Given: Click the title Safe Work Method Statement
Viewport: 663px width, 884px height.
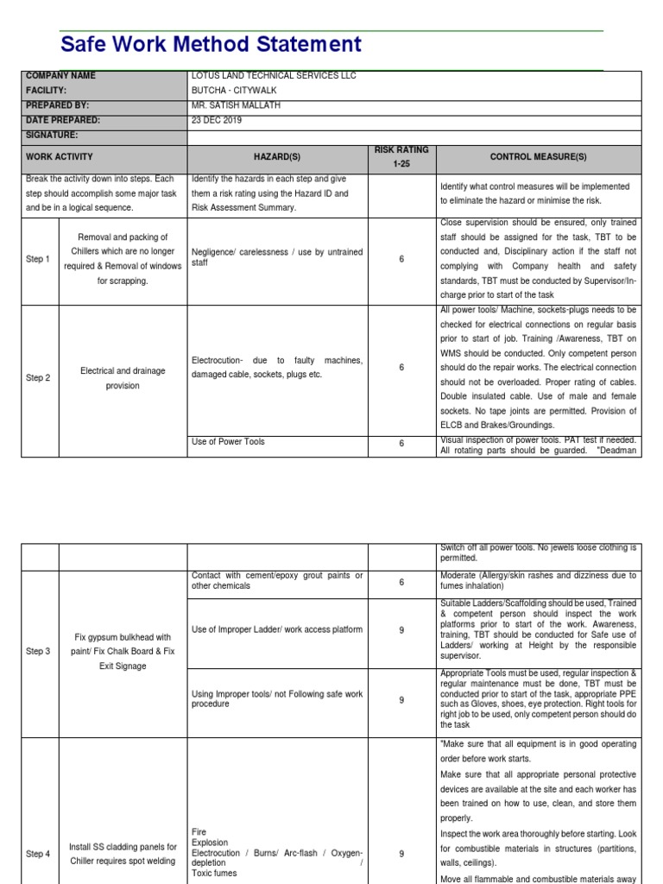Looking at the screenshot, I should pos(211,45).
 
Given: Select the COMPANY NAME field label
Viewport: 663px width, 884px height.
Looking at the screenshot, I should pos(61,76).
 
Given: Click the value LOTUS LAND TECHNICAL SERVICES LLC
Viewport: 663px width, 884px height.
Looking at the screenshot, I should pos(274,76).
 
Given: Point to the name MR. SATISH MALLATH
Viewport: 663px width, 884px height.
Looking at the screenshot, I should pos(236,105).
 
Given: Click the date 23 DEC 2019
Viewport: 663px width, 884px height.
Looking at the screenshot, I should pos(217,120).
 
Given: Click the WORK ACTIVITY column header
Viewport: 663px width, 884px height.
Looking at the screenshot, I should pos(60,157).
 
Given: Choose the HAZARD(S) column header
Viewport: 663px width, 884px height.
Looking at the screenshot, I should pos(276,157).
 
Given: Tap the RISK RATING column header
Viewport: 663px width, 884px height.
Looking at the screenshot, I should pos(401,156).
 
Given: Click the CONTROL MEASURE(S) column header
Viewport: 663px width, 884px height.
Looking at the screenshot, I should pos(538,157).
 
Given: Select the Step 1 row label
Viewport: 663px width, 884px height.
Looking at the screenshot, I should pos(38,259).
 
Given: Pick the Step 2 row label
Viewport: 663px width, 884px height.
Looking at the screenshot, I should pos(38,378).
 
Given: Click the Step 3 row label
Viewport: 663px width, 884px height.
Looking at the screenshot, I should pos(38,652).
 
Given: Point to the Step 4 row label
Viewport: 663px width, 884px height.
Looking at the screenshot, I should pos(38,854).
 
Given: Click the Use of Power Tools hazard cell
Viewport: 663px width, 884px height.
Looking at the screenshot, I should pos(228,442).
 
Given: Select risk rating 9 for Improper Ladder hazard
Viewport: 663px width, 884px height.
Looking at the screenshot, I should pos(401,630).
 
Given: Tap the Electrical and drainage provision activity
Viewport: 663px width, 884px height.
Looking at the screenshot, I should pos(123,378).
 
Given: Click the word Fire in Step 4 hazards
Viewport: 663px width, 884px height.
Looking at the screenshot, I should pos(199,832).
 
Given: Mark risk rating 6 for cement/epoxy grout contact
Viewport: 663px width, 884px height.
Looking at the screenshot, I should pos(401,582).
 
